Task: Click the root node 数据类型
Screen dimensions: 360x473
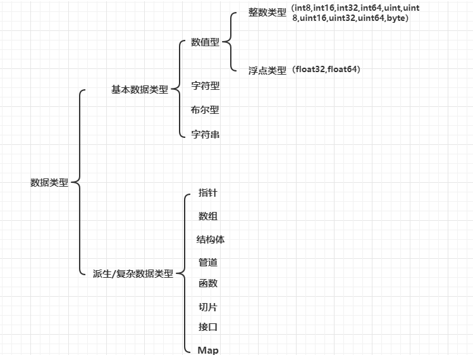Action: pyautogui.click(x=49, y=182)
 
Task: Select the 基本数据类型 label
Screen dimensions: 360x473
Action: pyautogui.click(x=140, y=90)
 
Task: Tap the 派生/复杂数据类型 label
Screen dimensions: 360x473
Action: pyautogui.click(x=132, y=274)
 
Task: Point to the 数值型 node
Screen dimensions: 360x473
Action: pyautogui.click(x=205, y=43)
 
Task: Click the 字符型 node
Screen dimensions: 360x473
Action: pyautogui.click(x=205, y=85)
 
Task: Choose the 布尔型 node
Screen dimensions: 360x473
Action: pyautogui.click(x=205, y=109)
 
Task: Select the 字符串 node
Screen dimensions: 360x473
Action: pyautogui.click(x=205, y=134)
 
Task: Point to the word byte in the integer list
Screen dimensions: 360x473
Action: pyautogui.click(x=396, y=18)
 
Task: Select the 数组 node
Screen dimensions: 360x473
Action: pyautogui.click(x=208, y=216)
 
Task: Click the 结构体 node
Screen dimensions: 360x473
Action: pyautogui.click(x=211, y=240)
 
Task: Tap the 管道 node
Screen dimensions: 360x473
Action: pyautogui.click(x=208, y=262)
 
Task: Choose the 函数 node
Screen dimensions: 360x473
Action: pyautogui.click(x=208, y=283)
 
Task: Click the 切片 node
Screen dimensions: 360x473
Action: pyautogui.click(x=208, y=307)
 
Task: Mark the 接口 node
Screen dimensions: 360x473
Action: pyautogui.click(x=208, y=327)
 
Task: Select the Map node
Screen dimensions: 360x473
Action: pyautogui.click(x=208, y=350)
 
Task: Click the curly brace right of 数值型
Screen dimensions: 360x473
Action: pyautogui.click(x=228, y=43)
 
